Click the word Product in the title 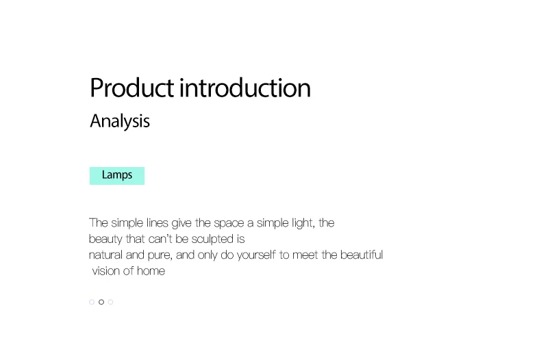(x=131, y=88)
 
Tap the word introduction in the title (x=245, y=88)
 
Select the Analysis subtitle (x=120, y=121)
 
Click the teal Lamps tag (x=117, y=175)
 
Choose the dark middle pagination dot (x=101, y=302)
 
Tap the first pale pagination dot (x=92, y=302)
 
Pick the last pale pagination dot (x=110, y=302)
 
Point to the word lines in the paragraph (x=158, y=222)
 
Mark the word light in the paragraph (x=303, y=223)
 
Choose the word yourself (x=256, y=255)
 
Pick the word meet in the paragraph (x=305, y=255)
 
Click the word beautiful (x=362, y=255)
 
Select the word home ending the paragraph (x=151, y=271)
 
